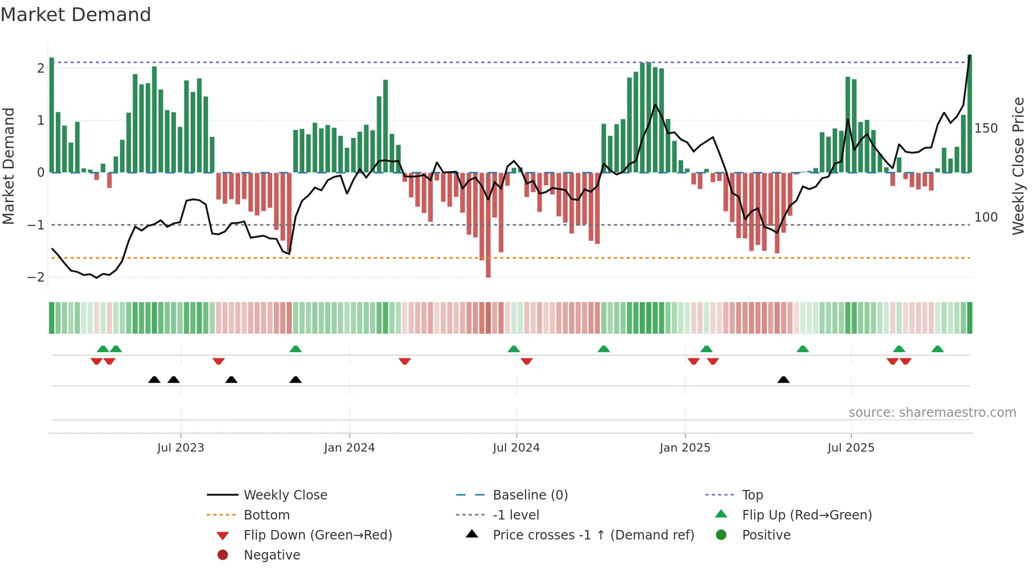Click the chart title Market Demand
[76, 15]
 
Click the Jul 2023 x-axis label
[181, 448]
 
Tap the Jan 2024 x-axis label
[349, 448]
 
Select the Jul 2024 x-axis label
[516, 448]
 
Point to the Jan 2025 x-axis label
[684, 448]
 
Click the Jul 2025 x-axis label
[851, 448]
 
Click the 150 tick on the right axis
[986, 128]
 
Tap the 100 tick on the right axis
[986, 217]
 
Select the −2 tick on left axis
[36, 277]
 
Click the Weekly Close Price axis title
[1018, 166]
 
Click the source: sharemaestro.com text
[932, 413]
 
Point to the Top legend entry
[752, 495]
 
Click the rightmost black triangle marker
[783, 380]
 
